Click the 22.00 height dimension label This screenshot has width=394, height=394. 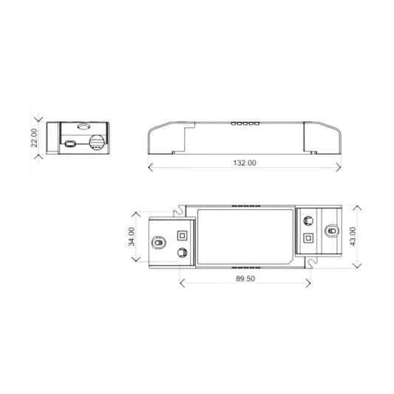coord(34,137)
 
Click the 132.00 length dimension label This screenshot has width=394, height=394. coord(245,163)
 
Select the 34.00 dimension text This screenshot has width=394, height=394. coord(132,237)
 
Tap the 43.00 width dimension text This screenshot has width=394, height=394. coord(353,237)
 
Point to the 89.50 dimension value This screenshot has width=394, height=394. coord(245,279)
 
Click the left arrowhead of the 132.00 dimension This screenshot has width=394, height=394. coord(151,167)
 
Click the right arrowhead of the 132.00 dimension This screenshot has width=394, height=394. coord(339,167)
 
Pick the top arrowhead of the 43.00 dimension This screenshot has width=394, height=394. coord(357,208)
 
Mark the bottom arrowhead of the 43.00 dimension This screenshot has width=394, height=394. coord(357,266)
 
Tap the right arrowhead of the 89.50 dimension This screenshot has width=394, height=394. coord(308,283)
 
